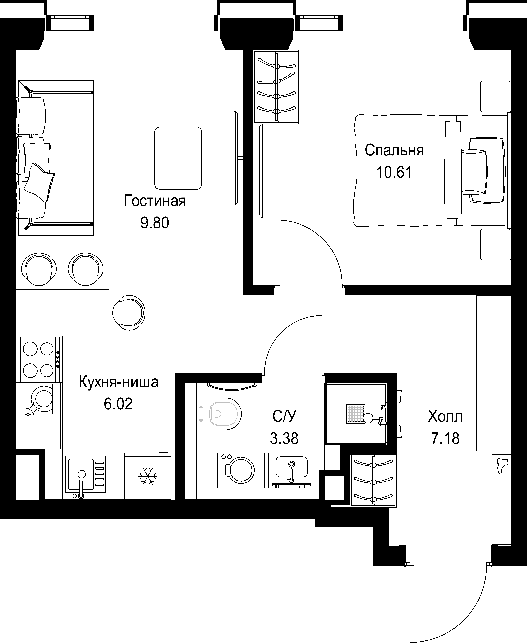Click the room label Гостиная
pyautogui.click(x=155, y=201)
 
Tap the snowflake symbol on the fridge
pyautogui.click(x=148, y=476)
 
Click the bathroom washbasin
pyautogui.click(x=291, y=470)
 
